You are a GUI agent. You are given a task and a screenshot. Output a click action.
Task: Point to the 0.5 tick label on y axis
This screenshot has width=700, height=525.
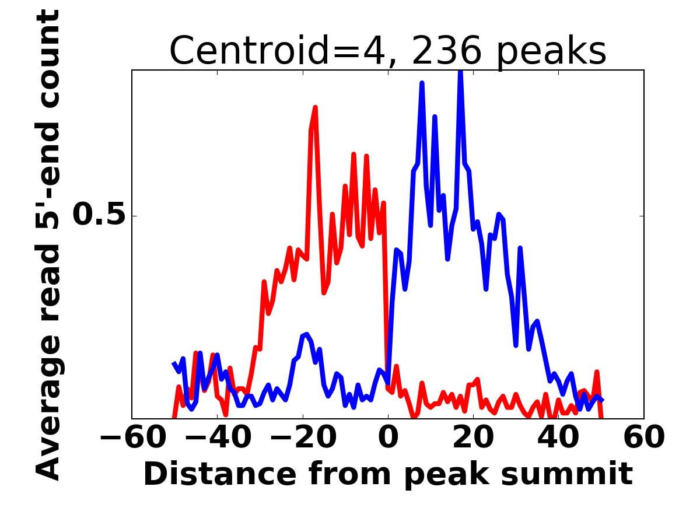point(99,215)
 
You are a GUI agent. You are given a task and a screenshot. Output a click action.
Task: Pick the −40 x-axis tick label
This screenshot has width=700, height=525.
point(217,437)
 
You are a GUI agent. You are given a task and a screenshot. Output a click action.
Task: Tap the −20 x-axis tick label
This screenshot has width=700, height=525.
point(303,437)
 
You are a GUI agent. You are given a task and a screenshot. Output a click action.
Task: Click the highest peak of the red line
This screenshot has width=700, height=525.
point(315,108)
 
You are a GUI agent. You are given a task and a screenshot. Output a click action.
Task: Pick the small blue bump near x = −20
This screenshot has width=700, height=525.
point(305,335)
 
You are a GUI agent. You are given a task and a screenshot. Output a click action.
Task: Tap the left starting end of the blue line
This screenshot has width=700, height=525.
point(174,363)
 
